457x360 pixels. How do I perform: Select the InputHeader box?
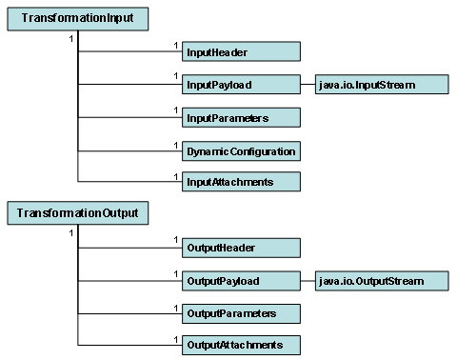[241, 51]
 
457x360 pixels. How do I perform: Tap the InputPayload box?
[241, 85]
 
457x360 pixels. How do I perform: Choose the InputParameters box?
[241, 118]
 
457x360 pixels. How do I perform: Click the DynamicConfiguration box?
[241, 150]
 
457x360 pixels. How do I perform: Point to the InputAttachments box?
[241, 182]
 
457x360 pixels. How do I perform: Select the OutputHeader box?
[241, 248]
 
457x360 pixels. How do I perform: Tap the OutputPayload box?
[241, 280]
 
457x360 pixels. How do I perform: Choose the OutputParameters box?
[241, 312]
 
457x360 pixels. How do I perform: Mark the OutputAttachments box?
[241, 344]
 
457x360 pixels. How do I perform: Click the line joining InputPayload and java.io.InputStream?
[308, 85]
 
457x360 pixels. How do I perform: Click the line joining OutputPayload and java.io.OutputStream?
[308, 280]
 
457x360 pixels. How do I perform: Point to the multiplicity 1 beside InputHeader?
[176, 44]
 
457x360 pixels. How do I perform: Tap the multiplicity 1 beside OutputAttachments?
[176, 338]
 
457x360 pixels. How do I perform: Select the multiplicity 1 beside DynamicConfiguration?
[176, 144]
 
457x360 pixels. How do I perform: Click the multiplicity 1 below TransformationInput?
[70, 38]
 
